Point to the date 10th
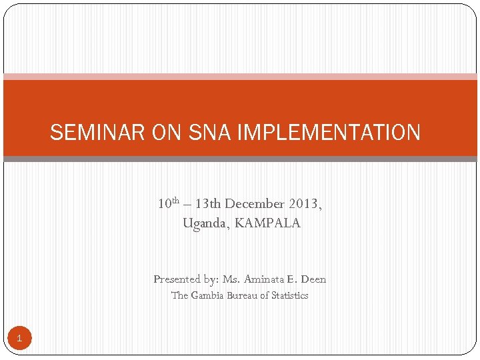168,203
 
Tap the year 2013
306,203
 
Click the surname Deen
313,279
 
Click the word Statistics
289,295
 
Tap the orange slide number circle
19,339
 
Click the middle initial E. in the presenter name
292,279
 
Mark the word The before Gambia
180,295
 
